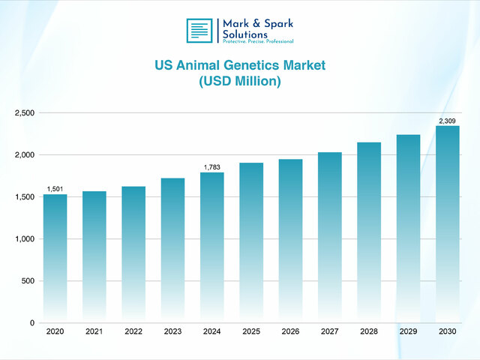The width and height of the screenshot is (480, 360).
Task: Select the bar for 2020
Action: (x=55, y=258)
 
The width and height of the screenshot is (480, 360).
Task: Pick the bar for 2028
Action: (x=369, y=232)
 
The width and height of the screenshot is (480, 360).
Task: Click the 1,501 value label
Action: (x=55, y=189)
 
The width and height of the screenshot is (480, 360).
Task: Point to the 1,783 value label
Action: (x=211, y=167)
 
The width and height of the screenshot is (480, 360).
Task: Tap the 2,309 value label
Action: (x=447, y=121)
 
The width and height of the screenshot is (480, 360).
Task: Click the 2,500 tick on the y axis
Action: (x=24, y=113)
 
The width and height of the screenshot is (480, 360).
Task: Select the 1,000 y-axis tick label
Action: (x=24, y=239)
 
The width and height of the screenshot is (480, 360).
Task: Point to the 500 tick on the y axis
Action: (x=28, y=281)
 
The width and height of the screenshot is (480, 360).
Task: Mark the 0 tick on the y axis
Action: (x=32, y=323)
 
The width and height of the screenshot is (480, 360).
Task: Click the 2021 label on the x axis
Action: (x=94, y=331)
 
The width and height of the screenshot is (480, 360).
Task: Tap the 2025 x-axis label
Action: (x=251, y=331)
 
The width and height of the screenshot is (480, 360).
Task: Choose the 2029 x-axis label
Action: (x=408, y=331)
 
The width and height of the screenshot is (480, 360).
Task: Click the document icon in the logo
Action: (x=199, y=30)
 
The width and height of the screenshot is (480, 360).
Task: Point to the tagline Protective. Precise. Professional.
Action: (x=258, y=42)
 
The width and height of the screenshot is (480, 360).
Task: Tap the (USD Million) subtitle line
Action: (x=240, y=82)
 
